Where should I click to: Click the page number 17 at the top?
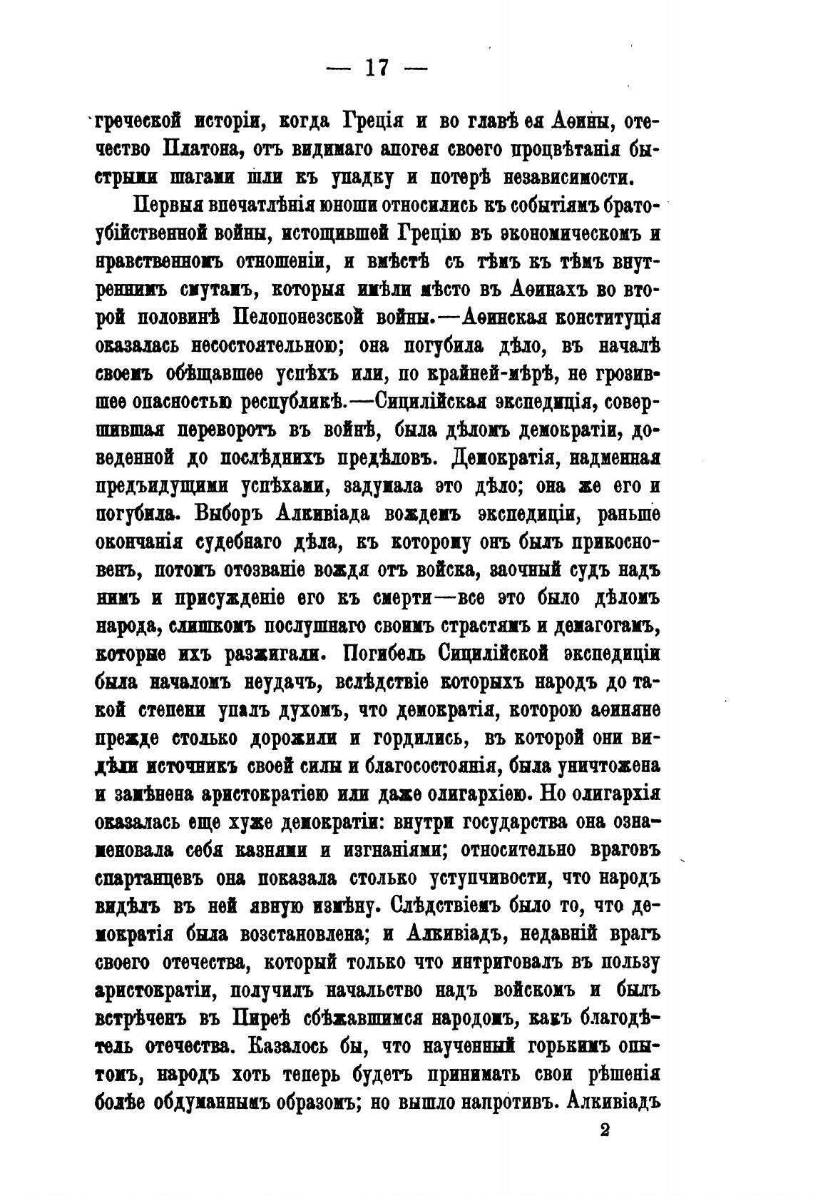pyautogui.click(x=376, y=68)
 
